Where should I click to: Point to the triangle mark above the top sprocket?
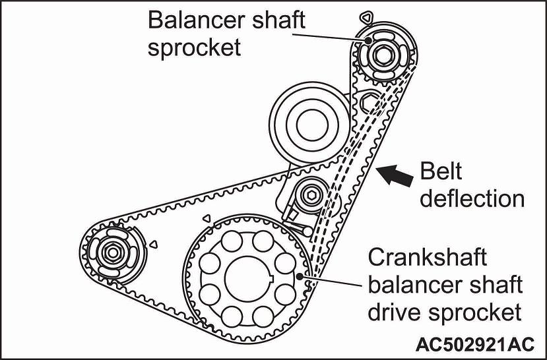pyautogui.click(x=366, y=15)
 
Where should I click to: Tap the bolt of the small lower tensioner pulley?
pyautogui.click(x=309, y=195)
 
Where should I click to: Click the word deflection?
pyautogui.click(x=472, y=198)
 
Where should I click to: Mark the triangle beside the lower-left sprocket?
pyautogui.click(x=153, y=244)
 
